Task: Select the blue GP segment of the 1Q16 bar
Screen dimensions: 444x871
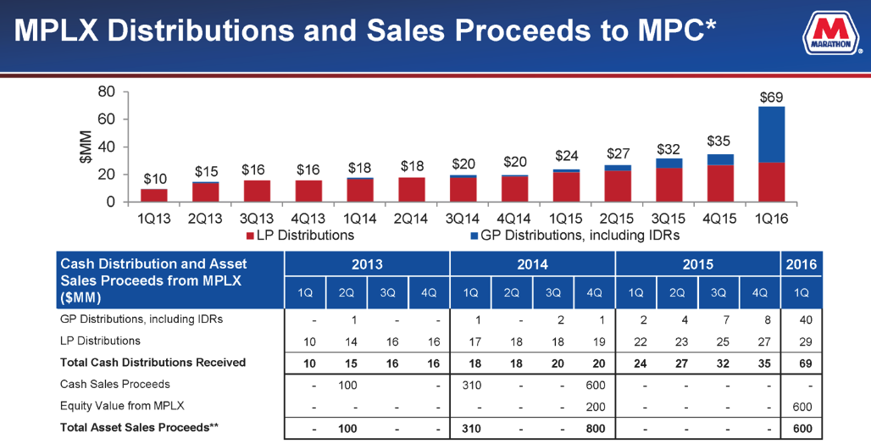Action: coord(771,134)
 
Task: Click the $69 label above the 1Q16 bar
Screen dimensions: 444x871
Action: coord(771,97)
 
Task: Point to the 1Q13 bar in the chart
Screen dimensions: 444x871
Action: coord(154,195)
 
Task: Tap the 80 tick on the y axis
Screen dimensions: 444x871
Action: coord(106,92)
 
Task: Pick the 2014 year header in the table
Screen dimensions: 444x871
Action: coord(533,264)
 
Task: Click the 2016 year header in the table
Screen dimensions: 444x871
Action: coord(800,264)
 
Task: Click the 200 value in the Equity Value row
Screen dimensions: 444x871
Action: coord(595,407)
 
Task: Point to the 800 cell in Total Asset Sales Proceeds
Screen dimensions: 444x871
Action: coord(595,429)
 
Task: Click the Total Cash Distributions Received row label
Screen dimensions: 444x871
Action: coord(153,363)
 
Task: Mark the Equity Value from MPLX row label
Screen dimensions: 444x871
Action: coord(122,406)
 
